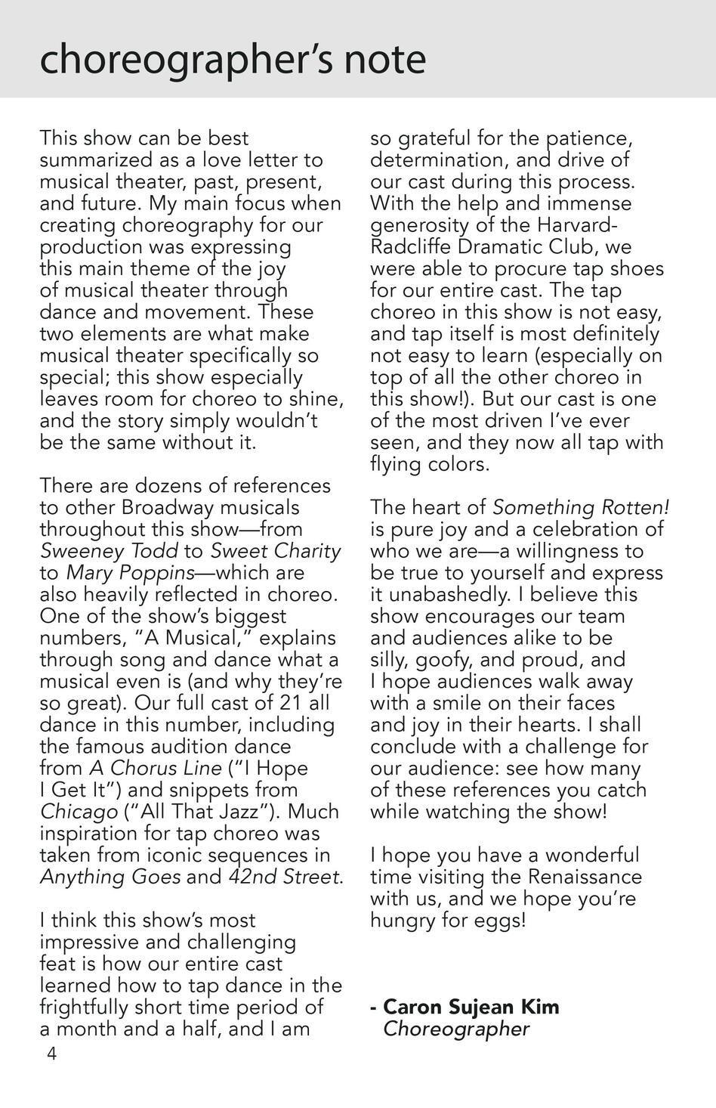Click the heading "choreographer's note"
click(233, 59)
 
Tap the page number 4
click(51, 1054)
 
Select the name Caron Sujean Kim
click(471, 1007)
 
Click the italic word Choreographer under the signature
click(456, 1029)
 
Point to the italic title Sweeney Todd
click(109, 551)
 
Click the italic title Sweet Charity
click(275, 551)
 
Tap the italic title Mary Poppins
click(125, 573)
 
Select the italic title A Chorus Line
click(156, 768)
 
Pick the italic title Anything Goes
click(110, 877)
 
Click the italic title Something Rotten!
click(581, 507)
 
